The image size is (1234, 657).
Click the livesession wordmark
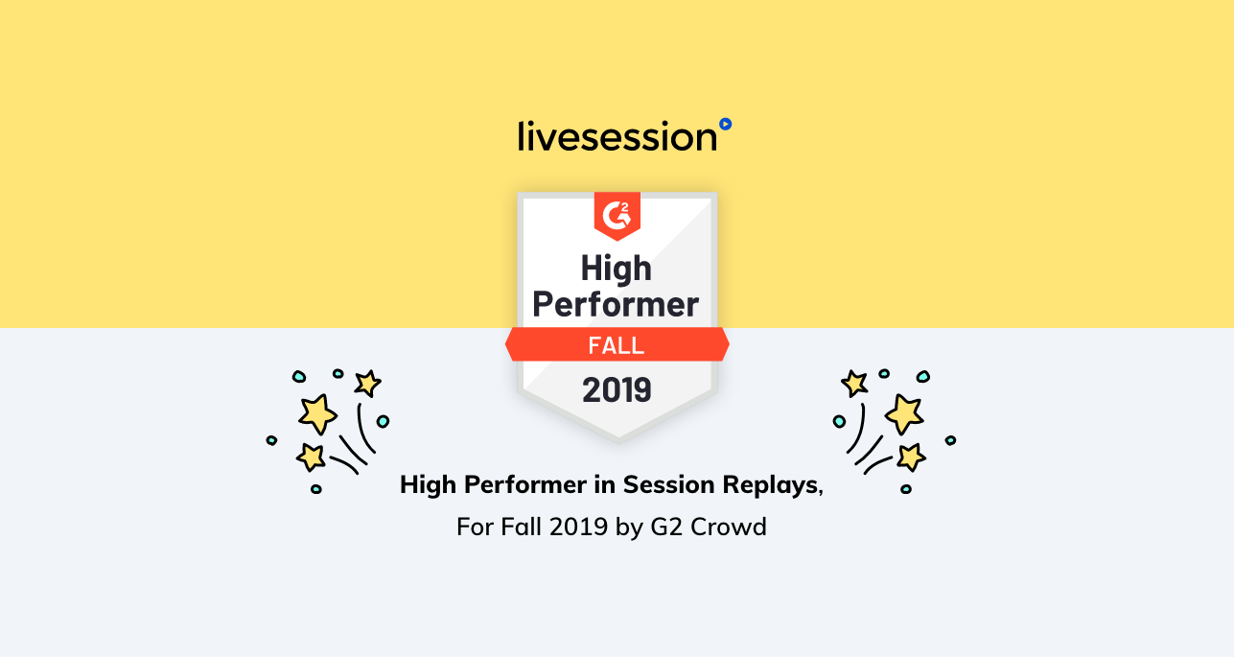pos(617,136)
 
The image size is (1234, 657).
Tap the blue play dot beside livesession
pos(726,124)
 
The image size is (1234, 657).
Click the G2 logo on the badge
pos(617,215)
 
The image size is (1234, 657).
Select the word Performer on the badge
pos(616,304)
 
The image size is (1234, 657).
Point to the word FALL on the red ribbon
pos(616,345)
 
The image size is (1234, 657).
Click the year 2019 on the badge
pos(617,389)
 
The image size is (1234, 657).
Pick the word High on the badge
pos(616,270)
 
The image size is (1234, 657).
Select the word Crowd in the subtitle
pos(729,527)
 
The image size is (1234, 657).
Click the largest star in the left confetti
pos(318,414)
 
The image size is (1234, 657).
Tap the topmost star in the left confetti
pos(367,383)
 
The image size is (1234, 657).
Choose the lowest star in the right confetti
pos(911,458)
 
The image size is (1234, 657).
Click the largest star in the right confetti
pos(904,414)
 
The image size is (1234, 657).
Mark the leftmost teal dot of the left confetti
pos(271,440)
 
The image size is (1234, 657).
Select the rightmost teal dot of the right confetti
pos(951,440)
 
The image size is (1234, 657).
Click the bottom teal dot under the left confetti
pos(316,489)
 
